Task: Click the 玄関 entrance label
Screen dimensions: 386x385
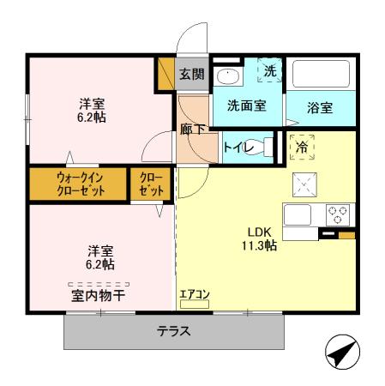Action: click(x=191, y=74)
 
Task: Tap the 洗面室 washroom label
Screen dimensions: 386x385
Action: click(x=245, y=106)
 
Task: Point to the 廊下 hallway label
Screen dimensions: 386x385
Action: click(x=192, y=130)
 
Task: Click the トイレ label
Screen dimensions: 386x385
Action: click(x=238, y=147)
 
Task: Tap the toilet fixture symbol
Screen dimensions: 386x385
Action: click(x=269, y=148)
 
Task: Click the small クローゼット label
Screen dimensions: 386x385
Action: click(x=149, y=183)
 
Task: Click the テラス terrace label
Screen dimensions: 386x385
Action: click(x=173, y=331)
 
